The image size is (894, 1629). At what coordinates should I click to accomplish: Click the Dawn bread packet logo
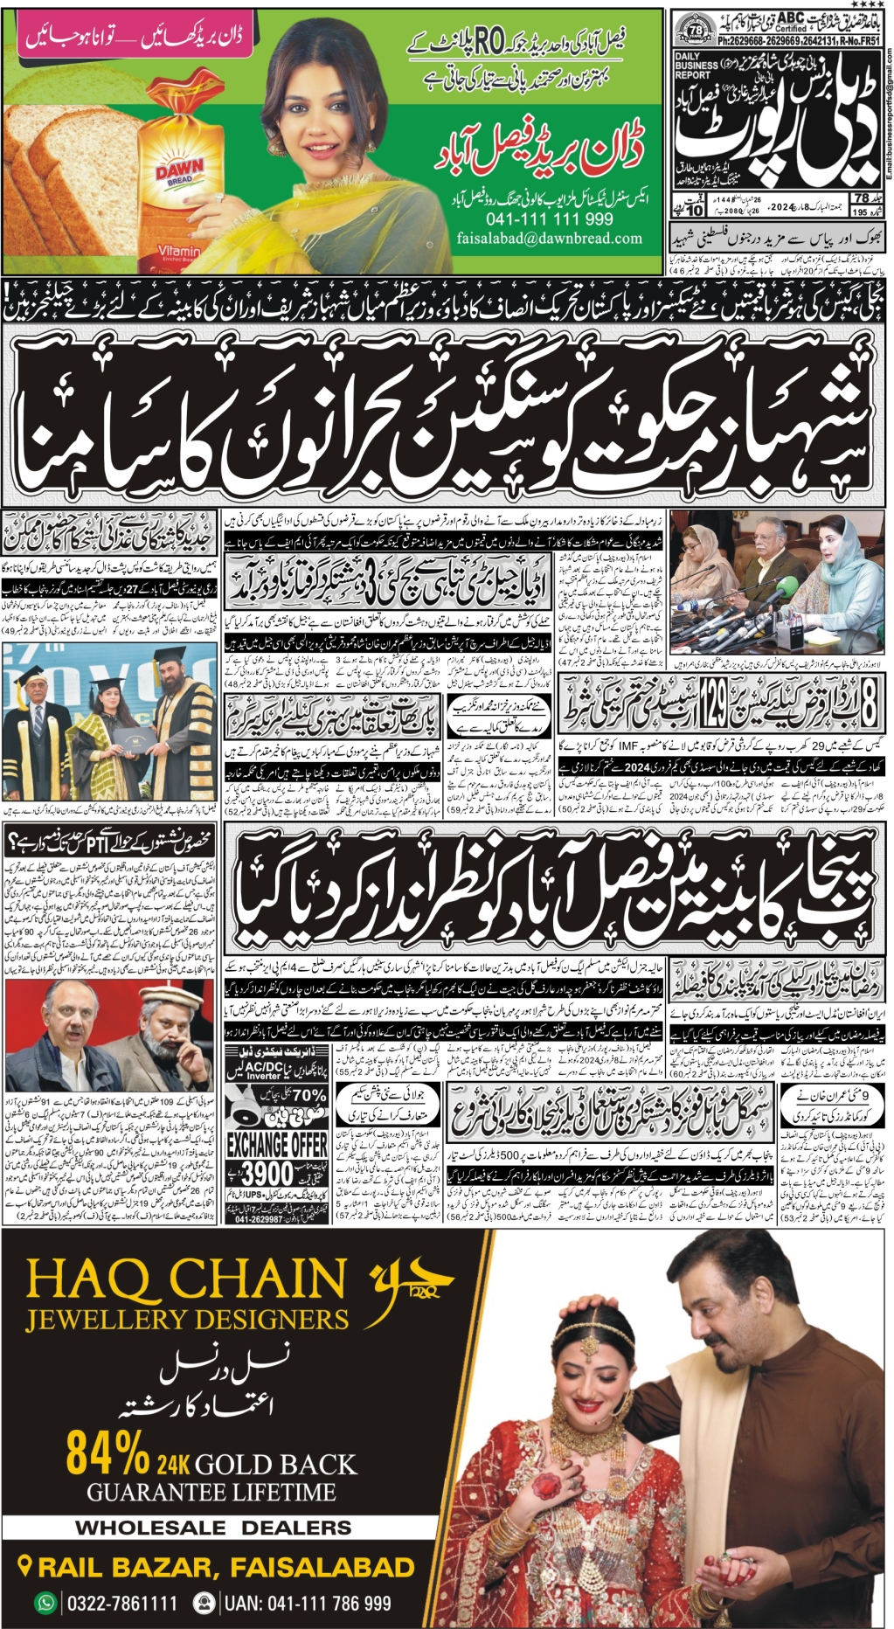[179, 170]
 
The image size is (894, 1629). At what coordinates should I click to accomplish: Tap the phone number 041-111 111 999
[549, 219]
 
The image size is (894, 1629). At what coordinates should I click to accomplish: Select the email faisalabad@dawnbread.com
[549, 238]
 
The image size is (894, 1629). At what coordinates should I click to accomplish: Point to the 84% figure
[107, 1453]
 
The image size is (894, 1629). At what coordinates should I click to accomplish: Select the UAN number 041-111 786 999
[307, 1604]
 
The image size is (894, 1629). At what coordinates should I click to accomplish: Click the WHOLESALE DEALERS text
[213, 1528]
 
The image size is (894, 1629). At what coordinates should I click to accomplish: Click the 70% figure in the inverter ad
[308, 1095]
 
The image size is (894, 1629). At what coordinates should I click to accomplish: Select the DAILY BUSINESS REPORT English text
[696, 66]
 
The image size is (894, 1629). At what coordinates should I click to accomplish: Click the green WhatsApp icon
[45, 1604]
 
